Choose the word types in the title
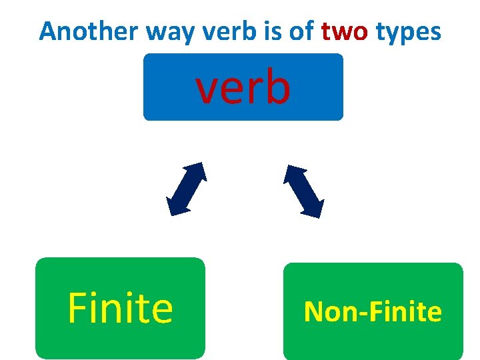point(408,31)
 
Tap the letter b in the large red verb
point(277,87)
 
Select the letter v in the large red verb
point(207,91)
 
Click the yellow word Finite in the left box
point(120,309)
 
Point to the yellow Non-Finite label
point(373,312)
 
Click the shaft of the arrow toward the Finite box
point(186,189)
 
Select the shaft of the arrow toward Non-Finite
point(303,191)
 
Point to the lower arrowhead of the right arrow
point(314,209)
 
